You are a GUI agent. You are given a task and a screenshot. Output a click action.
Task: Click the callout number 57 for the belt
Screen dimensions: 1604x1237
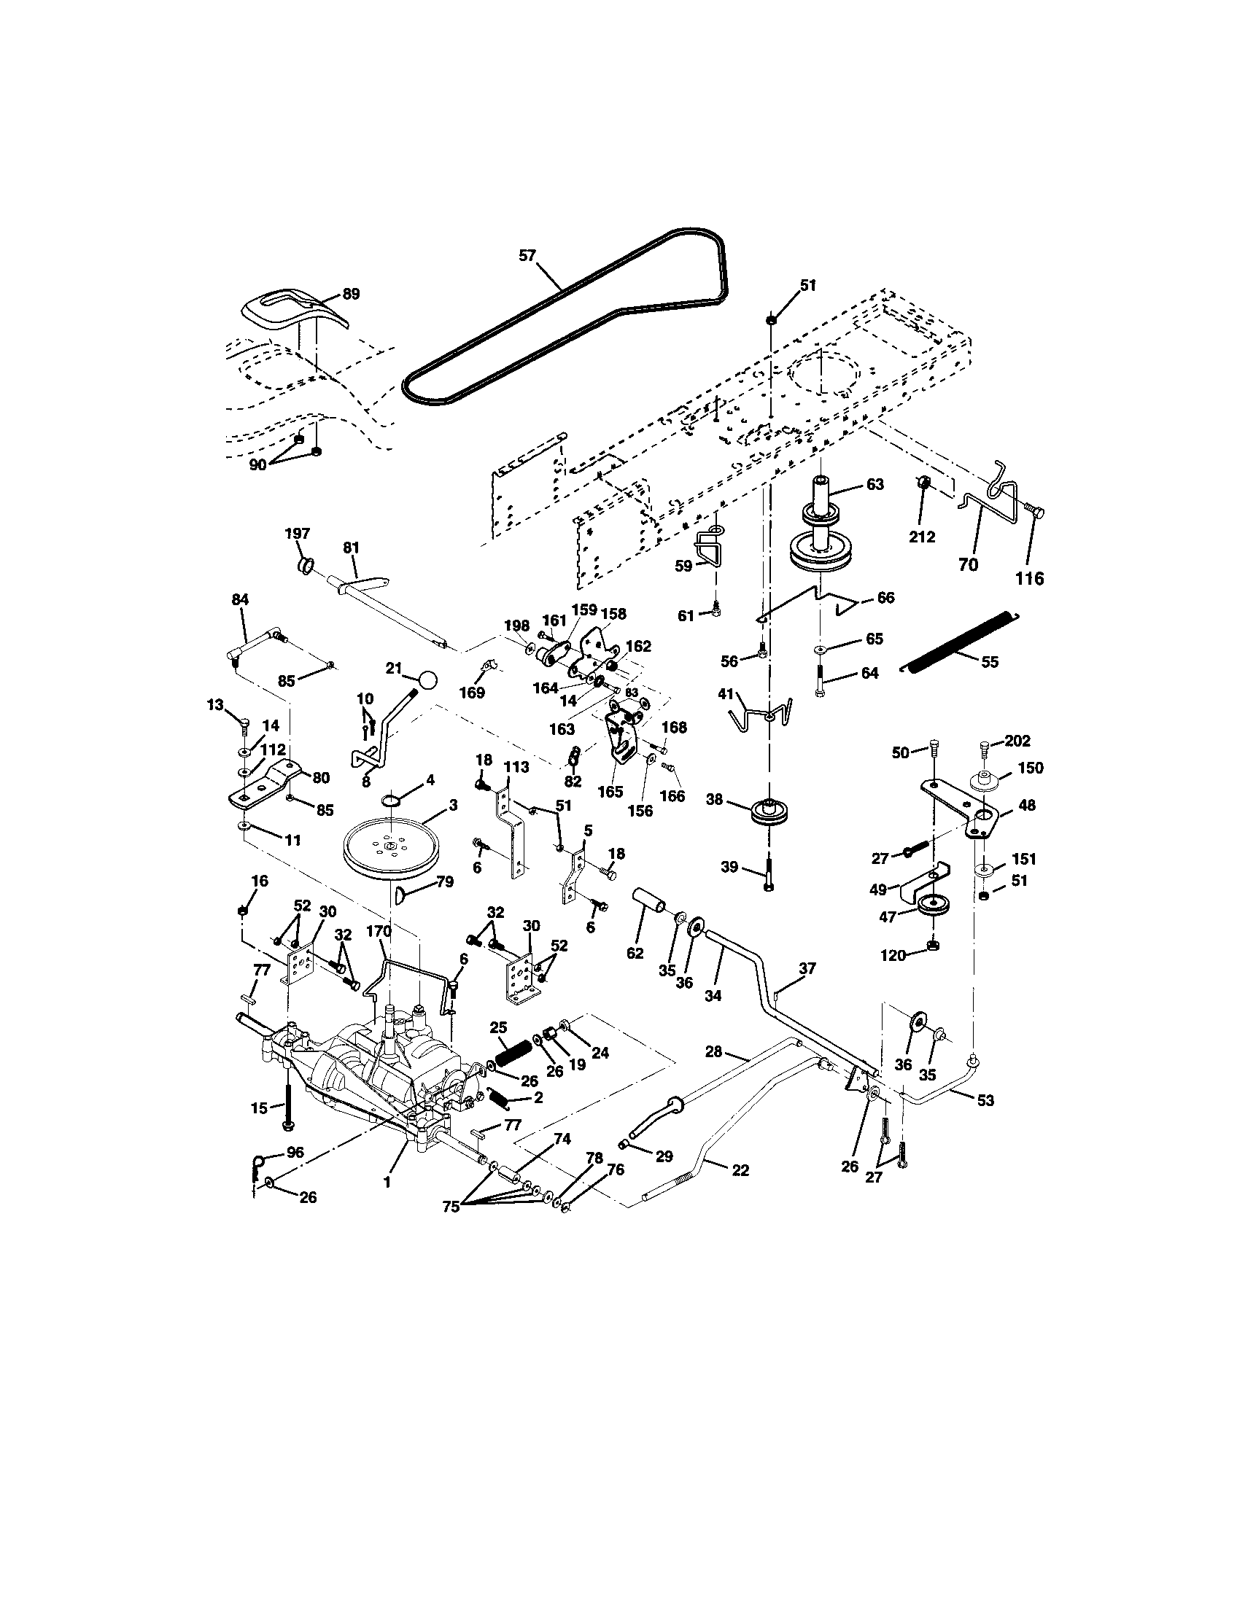pos(527,256)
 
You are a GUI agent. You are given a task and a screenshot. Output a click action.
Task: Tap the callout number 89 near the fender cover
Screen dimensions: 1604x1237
pos(351,295)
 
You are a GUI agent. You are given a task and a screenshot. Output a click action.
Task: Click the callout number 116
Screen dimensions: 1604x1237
pos(1029,579)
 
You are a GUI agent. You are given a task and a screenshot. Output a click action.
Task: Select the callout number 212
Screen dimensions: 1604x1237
pos(922,537)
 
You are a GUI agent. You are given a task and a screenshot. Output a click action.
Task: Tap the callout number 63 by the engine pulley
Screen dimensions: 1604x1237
pos(875,485)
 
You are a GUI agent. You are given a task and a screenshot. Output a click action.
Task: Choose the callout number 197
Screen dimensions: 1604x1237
pos(298,534)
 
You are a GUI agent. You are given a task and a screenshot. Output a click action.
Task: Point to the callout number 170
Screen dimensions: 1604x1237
pos(379,931)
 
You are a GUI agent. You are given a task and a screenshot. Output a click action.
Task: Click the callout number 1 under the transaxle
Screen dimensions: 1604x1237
pos(387,1183)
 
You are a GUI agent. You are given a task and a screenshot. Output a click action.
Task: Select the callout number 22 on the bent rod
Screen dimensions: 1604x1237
pos(740,1170)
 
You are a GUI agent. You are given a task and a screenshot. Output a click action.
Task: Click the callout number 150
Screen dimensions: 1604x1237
pos(1030,768)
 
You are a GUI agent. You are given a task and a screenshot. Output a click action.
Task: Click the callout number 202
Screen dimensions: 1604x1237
pos(1017,741)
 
